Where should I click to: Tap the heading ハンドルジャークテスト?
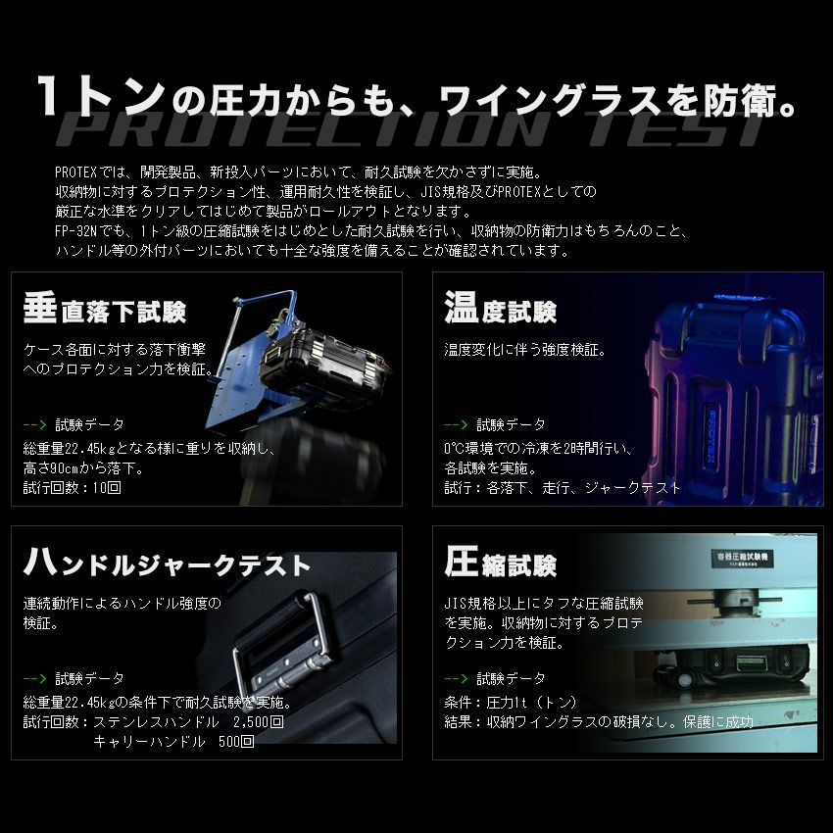(167, 563)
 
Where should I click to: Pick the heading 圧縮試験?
(500, 563)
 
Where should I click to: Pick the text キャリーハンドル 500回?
(173, 742)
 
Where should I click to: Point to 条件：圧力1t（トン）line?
(511, 703)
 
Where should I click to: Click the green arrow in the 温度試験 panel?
(456, 425)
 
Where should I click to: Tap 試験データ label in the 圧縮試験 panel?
(511, 678)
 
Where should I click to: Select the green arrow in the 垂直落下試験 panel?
(34, 425)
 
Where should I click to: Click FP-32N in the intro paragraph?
(81, 231)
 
